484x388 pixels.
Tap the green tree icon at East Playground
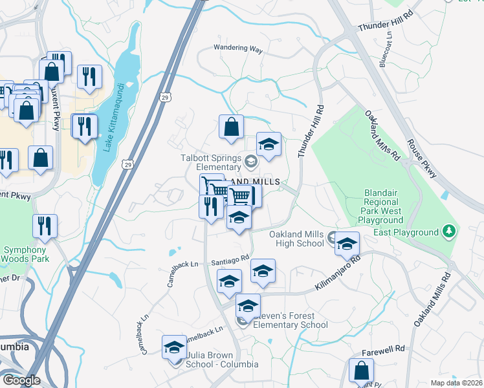click(448, 232)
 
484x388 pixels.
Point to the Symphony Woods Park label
click(24, 254)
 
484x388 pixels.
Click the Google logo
click(21, 380)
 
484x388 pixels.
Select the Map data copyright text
click(457, 383)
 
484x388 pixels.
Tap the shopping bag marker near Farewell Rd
click(361, 371)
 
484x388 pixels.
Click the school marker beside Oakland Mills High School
click(347, 244)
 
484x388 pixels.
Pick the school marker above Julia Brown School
click(173, 348)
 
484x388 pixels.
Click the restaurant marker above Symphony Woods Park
click(45, 226)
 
